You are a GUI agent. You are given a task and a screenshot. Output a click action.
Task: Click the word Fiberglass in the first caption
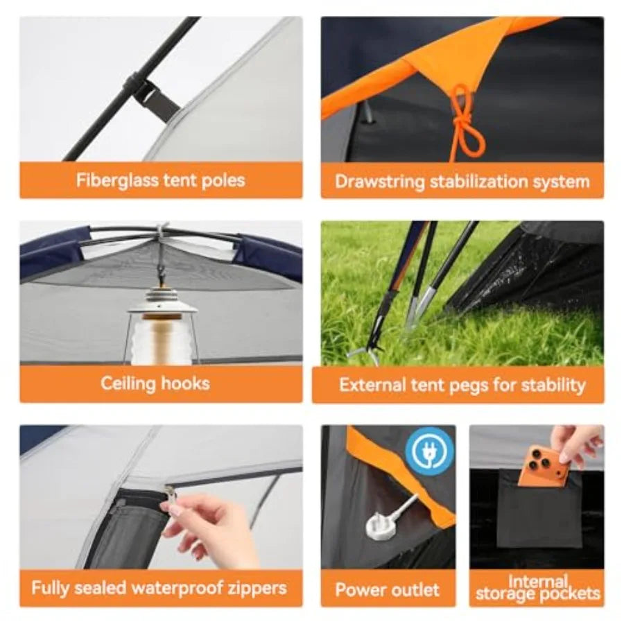click(118, 181)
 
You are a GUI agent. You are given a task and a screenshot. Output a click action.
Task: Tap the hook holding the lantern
click(161, 271)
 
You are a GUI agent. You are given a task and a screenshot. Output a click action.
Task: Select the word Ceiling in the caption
click(128, 384)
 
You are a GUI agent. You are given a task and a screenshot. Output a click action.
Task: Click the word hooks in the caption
click(185, 383)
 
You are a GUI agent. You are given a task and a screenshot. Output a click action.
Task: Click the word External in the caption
click(372, 385)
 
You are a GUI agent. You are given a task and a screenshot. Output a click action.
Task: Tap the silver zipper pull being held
click(170, 496)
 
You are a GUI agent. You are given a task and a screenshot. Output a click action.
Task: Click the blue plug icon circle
click(429, 451)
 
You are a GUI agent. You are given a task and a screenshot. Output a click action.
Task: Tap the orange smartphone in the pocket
click(544, 467)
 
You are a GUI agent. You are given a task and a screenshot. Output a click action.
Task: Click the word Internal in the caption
click(537, 582)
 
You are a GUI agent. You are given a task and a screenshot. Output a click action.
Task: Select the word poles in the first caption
click(223, 181)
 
